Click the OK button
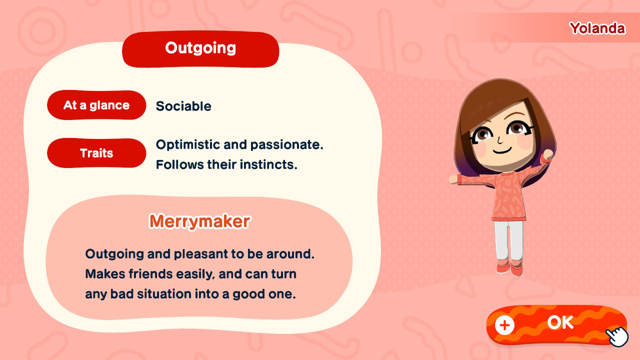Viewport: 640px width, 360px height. (x=556, y=324)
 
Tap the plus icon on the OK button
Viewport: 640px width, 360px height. (x=504, y=325)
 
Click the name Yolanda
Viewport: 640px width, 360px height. (x=597, y=28)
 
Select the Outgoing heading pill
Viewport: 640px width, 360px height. (x=200, y=49)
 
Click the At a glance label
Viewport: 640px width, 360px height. (x=96, y=105)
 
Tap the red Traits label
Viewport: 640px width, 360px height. (x=96, y=153)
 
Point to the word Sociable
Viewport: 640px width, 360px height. (x=183, y=106)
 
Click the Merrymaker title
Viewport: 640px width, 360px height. (x=199, y=221)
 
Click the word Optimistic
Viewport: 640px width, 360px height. (x=187, y=145)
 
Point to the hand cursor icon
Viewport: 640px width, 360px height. (x=617, y=337)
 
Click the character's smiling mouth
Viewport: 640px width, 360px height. (x=502, y=150)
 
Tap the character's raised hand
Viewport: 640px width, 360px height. (x=547, y=155)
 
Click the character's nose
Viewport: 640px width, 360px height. (x=499, y=139)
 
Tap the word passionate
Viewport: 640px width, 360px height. (x=286, y=145)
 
